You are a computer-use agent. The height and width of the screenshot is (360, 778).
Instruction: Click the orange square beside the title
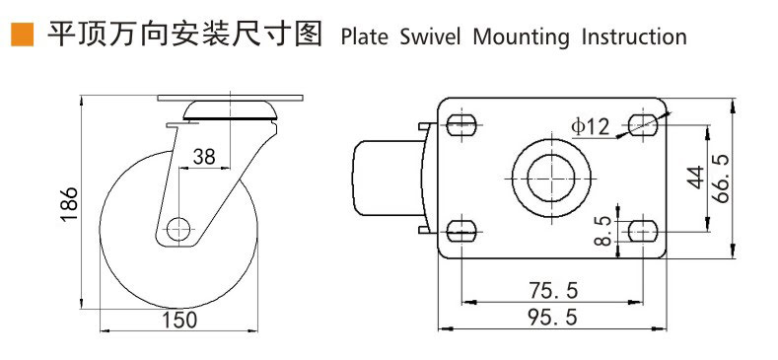(x=23, y=35)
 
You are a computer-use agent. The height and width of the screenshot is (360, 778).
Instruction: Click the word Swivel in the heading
(x=430, y=37)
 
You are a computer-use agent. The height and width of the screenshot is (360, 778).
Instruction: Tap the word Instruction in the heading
(x=634, y=37)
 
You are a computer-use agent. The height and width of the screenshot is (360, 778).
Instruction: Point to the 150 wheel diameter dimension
(x=179, y=320)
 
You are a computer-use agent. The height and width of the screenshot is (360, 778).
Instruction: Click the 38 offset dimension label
(x=204, y=157)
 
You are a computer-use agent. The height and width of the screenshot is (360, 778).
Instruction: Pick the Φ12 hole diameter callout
(x=590, y=126)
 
